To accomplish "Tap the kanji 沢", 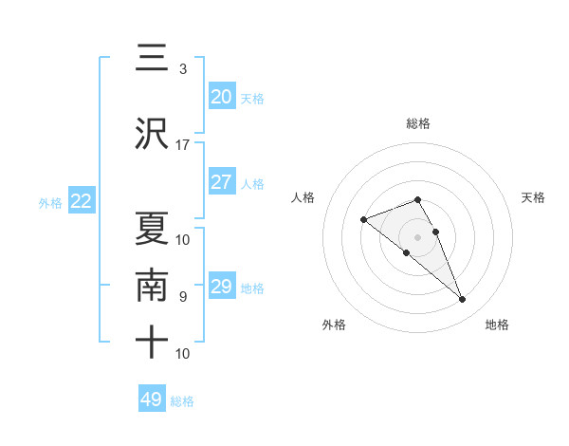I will pyautogui.click(x=152, y=134).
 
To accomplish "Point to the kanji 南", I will pyautogui.click(x=152, y=286).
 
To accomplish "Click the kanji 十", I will pyautogui.click(x=152, y=341).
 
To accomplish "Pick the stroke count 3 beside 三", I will pyautogui.click(x=182, y=69).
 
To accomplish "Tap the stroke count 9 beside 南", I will pyautogui.click(x=182, y=297).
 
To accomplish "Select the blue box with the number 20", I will pyautogui.click(x=221, y=97).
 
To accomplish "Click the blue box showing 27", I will pyautogui.click(x=221, y=182).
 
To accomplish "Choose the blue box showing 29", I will pyautogui.click(x=221, y=287).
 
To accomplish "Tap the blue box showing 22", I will pyautogui.click(x=81, y=201).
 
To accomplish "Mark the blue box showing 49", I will pyautogui.click(x=152, y=400).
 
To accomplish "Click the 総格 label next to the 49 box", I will pyautogui.click(x=182, y=401).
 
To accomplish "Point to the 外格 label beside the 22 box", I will pyautogui.click(x=50, y=203).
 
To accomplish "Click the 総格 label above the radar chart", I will pyautogui.click(x=418, y=123).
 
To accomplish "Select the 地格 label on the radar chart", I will pyautogui.click(x=497, y=325).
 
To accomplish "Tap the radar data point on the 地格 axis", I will pyautogui.click(x=462, y=300).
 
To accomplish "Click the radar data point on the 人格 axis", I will pyautogui.click(x=364, y=220).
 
